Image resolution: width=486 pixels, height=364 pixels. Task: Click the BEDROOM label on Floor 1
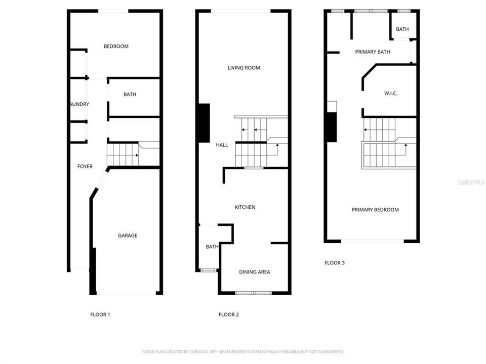[116, 47]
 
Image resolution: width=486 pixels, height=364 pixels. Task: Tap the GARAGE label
[128, 236]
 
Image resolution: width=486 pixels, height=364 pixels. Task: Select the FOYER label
[85, 166]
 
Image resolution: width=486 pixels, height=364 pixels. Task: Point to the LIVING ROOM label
[244, 68]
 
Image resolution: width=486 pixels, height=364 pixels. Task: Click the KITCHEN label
[245, 207]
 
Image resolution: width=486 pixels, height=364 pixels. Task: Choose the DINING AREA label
[254, 272]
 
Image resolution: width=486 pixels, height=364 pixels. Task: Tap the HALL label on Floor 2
[222, 145]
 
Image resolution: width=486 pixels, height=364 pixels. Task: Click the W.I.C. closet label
[390, 94]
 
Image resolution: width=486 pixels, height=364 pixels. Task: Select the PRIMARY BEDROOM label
[375, 210]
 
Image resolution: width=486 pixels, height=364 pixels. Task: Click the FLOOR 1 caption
[100, 314]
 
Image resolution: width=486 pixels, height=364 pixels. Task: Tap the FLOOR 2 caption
[228, 314]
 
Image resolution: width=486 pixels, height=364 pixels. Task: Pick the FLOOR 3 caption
[335, 263]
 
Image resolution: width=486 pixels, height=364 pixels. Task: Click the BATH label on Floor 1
[130, 95]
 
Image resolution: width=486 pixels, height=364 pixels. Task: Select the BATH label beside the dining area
[212, 247]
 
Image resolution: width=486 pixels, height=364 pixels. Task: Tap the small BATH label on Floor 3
[402, 29]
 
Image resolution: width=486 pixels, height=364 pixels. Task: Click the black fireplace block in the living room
[204, 123]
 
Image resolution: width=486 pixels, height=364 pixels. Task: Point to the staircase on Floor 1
[123, 154]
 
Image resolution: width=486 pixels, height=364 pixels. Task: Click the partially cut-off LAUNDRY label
[79, 105]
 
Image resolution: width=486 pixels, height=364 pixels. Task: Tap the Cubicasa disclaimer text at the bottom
[243, 351]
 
